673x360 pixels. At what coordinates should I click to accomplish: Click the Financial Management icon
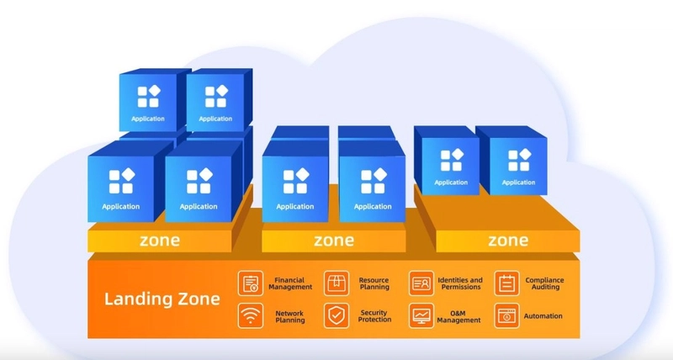click(251, 283)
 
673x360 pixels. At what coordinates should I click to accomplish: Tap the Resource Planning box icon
click(336, 283)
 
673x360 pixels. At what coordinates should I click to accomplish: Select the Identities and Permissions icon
click(421, 283)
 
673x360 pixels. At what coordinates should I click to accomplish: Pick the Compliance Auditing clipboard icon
click(507, 283)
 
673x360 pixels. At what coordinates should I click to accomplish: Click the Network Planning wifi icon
click(251, 315)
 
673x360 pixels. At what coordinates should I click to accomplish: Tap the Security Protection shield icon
click(336, 315)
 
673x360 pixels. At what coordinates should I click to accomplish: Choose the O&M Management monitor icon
click(421, 315)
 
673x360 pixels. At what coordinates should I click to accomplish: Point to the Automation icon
click(507, 315)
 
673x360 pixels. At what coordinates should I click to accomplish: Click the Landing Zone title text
click(162, 299)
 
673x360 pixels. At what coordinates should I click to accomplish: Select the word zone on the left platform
click(160, 241)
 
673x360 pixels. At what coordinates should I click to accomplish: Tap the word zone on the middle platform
click(334, 241)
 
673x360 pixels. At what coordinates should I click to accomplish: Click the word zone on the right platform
click(508, 241)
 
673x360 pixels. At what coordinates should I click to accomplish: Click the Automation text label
click(543, 316)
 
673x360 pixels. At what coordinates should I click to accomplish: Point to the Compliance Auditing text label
click(544, 283)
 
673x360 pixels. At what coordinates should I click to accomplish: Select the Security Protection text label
click(374, 316)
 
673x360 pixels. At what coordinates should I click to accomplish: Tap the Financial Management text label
click(290, 283)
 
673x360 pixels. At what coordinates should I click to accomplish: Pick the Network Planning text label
click(289, 316)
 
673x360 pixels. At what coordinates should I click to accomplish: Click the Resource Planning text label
click(374, 283)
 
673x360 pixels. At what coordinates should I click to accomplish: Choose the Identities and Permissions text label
click(460, 283)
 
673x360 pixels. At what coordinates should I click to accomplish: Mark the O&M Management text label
click(458, 316)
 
